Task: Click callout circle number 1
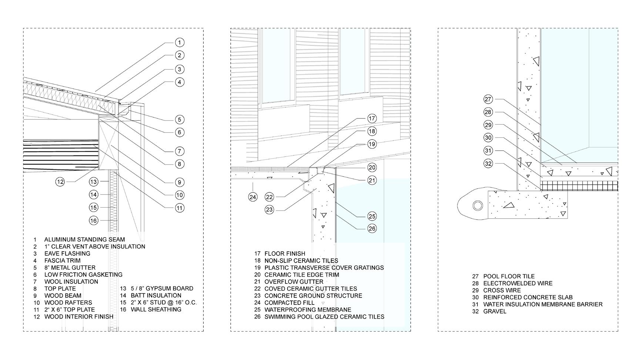[x=179, y=43]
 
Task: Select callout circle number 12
[x=60, y=181]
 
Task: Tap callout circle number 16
[x=94, y=221]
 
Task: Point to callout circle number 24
[x=253, y=197]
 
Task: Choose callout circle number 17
[x=372, y=118]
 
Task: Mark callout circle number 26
[x=372, y=229]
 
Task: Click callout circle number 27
[x=488, y=99]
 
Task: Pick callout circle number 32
[x=488, y=163]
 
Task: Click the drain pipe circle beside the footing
[x=478, y=205]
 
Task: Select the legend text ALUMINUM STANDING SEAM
[x=84, y=239]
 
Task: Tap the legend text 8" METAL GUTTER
[x=70, y=268]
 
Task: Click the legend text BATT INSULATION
[x=156, y=295]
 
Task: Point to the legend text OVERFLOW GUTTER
[x=294, y=282]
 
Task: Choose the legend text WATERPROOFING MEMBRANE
[x=308, y=310]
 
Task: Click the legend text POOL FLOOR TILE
[x=509, y=276]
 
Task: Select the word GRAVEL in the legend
[x=495, y=311]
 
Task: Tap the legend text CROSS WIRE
[x=502, y=290]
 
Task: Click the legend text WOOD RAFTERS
[x=68, y=302]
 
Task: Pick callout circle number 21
[x=372, y=180]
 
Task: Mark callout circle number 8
[x=179, y=164]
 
